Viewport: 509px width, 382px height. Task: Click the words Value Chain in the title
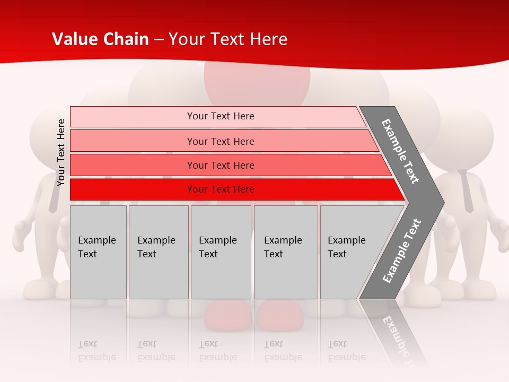tap(100, 39)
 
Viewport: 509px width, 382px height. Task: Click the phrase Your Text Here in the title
tap(228, 39)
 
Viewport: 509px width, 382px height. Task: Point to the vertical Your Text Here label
tap(61, 152)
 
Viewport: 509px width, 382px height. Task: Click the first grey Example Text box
tap(98, 252)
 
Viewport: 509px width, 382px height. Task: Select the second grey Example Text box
tap(158, 252)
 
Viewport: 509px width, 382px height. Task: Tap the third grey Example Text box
tap(221, 252)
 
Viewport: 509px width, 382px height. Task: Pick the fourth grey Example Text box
tap(286, 252)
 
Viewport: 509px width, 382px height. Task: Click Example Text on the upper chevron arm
tap(400, 151)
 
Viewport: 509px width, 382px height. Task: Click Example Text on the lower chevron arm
tap(402, 250)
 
